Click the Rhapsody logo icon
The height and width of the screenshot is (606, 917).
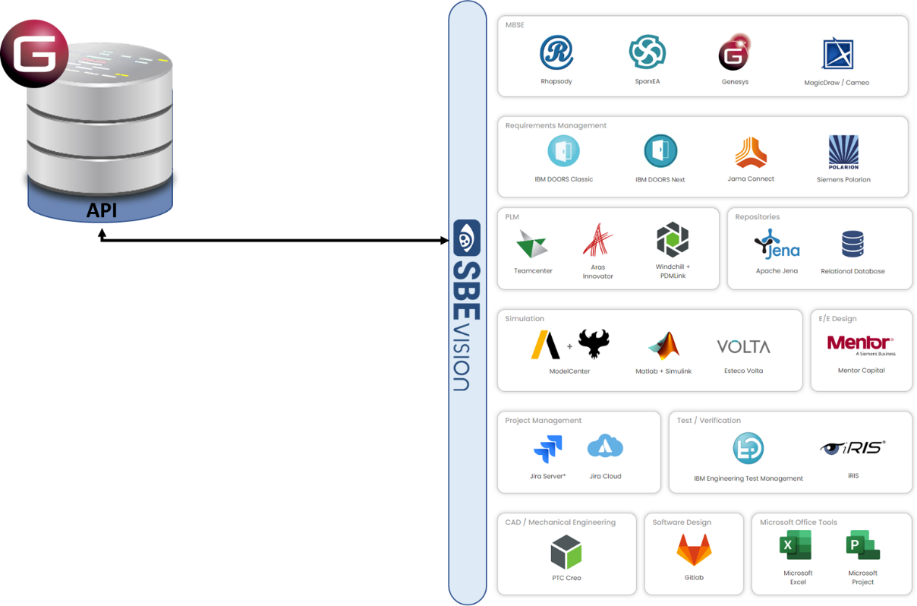(556, 52)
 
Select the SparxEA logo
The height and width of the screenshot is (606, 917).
(648, 52)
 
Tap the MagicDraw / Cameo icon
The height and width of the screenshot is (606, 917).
(837, 54)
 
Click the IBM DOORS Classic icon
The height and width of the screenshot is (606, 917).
(563, 151)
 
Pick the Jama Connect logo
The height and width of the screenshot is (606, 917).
(751, 153)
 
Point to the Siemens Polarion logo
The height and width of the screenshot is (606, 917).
(843, 152)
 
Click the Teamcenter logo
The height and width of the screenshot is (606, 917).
(532, 244)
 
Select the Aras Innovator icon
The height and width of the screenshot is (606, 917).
(597, 240)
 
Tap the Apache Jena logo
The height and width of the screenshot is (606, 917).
(777, 244)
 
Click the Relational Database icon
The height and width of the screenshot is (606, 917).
(852, 244)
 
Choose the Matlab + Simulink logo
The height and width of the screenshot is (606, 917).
(663, 346)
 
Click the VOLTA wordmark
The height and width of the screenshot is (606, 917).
(743, 346)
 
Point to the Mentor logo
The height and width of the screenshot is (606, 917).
(860, 344)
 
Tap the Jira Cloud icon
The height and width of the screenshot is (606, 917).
(605, 447)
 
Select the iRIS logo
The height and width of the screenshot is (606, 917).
(852, 447)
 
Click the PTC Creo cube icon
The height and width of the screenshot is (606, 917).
(566, 552)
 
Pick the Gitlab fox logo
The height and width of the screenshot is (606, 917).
(694, 550)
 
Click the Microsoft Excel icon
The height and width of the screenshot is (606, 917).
(796, 545)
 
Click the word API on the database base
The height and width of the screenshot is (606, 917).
(101, 210)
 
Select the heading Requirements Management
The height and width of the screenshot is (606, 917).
(556, 125)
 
